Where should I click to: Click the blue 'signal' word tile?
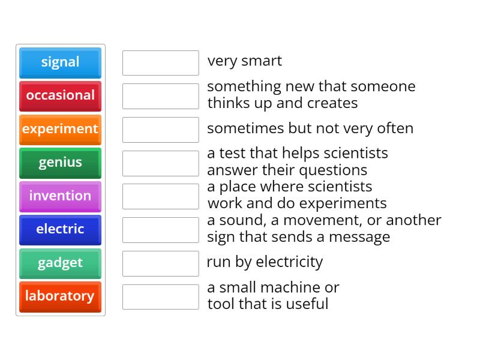coord(60,62)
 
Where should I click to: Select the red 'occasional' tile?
coord(60,96)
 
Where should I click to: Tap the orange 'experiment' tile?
coord(60,129)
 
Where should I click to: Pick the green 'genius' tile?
coord(60,163)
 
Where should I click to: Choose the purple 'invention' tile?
coord(60,196)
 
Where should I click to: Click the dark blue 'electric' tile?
coord(60,230)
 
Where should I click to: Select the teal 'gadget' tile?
coord(60,263)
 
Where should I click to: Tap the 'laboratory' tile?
coord(60,296)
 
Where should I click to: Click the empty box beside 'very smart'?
coord(160,63)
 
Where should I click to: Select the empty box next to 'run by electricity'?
coord(160,263)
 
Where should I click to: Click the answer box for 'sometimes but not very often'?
coord(160,130)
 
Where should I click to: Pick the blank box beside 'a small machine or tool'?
coord(160,297)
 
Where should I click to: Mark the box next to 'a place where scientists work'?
coord(160,196)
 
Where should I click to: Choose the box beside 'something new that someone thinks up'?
coord(160,96)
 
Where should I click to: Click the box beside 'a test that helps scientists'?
coord(160,163)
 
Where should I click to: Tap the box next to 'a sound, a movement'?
coord(160,230)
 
